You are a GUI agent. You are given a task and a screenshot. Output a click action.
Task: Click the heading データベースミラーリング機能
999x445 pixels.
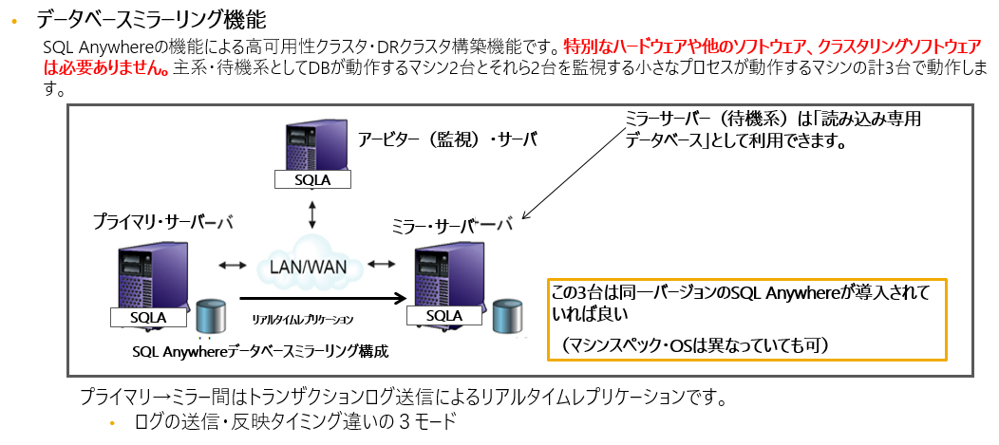coord(151,18)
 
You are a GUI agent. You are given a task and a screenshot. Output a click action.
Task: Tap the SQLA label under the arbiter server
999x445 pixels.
coord(310,180)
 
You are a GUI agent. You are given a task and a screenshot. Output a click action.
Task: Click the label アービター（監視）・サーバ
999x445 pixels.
coord(447,139)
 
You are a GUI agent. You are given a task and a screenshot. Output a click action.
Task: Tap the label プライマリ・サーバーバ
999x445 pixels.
coord(162,221)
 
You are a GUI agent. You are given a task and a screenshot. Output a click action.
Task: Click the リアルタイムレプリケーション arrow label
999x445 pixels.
coord(303,320)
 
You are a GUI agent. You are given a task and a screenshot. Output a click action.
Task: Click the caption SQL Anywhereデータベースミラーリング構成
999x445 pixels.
coord(262,351)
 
